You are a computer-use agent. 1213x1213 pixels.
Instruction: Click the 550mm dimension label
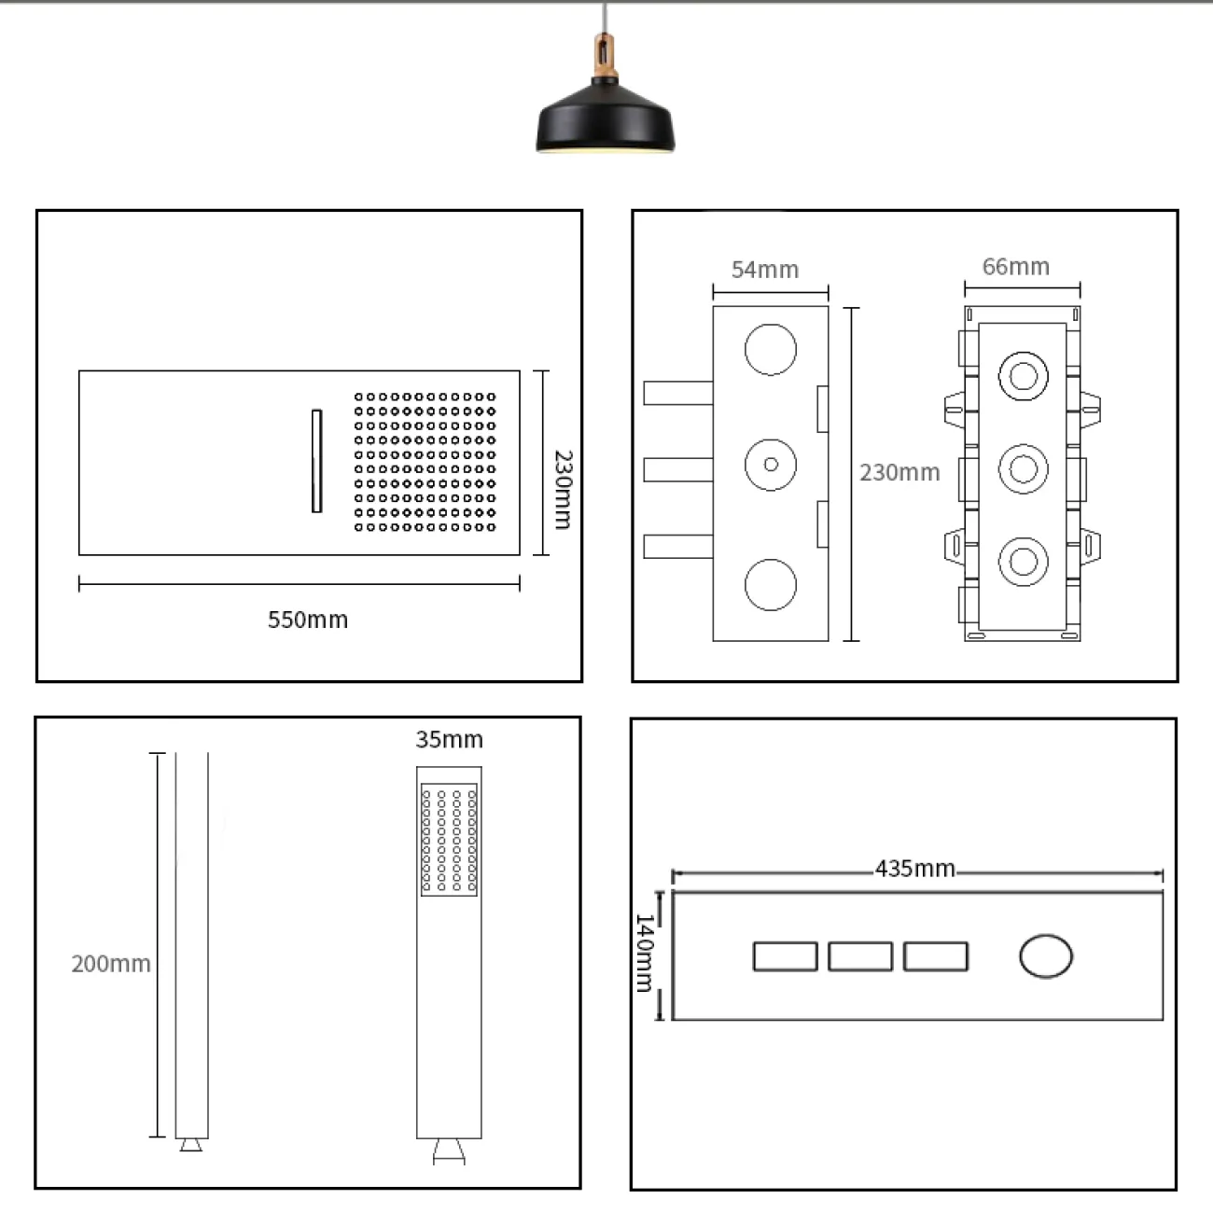(x=308, y=620)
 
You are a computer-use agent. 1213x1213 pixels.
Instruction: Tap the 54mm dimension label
(x=765, y=270)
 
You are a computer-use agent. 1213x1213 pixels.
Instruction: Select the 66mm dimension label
(x=1016, y=266)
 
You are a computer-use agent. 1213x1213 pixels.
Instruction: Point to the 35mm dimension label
(x=449, y=739)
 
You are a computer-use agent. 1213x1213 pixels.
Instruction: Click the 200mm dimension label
(x=111, y=964)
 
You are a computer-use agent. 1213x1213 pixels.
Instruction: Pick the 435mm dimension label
(x=915, y=869)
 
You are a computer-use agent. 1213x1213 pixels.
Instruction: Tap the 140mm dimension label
(x=645, y=953)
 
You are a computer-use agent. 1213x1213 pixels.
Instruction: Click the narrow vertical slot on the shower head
(x=316, y=461)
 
